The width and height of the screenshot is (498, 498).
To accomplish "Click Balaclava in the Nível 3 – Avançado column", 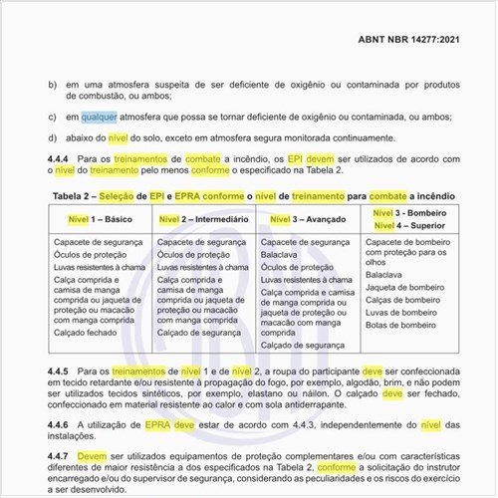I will point(282,255).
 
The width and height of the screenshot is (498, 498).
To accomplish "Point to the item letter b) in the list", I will point(53,84).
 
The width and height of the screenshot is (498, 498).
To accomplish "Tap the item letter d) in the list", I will point(53,136).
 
